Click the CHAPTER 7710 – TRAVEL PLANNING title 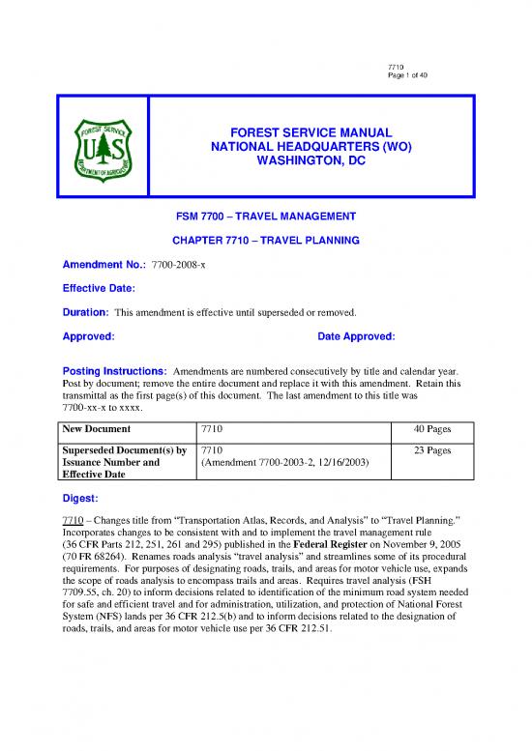[265, 239]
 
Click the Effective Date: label [93, 288]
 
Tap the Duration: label [75, 312]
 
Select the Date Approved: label [356, 336]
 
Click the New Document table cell [97, 426]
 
